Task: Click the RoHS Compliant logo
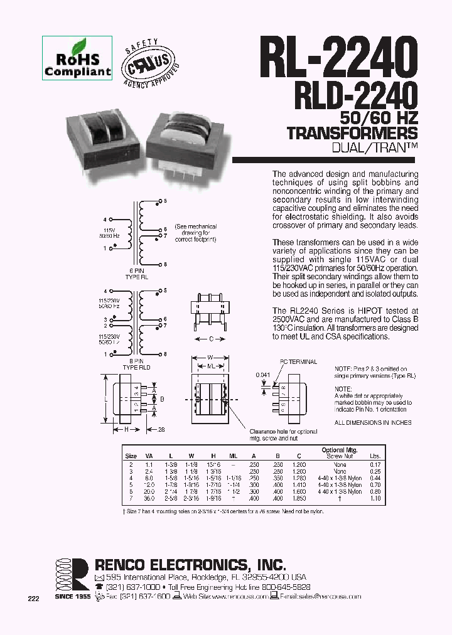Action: [x=77, y=57]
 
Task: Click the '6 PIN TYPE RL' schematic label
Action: [x=132, y=273]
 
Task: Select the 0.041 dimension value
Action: [x=264, y=375]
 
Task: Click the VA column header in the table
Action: [x=149, y=456]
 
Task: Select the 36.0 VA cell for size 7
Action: [x=149, y=498]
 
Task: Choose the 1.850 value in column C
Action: [x=299, y=498]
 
